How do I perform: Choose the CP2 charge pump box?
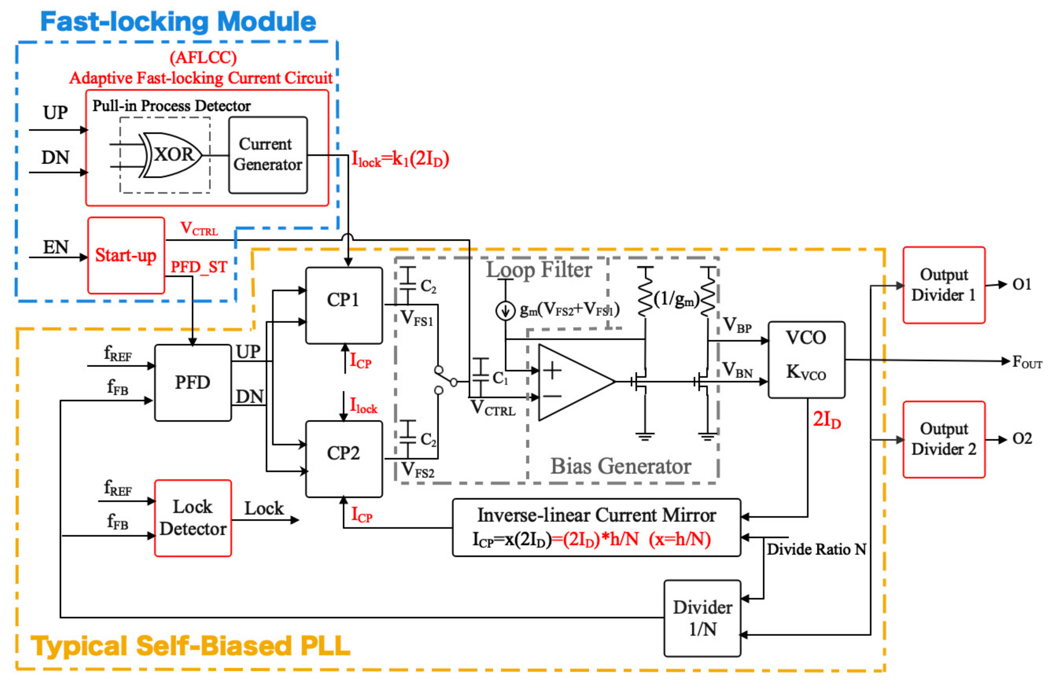pyautogui.click(x=344, y=459)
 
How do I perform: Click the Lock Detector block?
pyautogui.click(x=193, y=518)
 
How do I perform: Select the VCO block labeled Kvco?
pyautogui.click(x=806, y=359)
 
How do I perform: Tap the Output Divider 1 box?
pyautogui.click(x=944, y=285)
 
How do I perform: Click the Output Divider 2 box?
pyautogui.click(x=944, y=439)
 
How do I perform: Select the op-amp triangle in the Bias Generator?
pyautogui.click(x=572, y=382)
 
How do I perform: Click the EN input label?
pyautogui.click(x=55, y=247)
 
